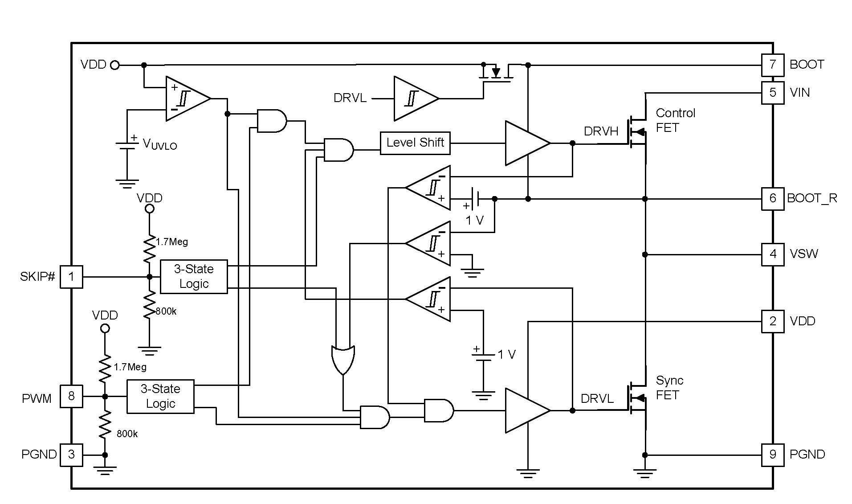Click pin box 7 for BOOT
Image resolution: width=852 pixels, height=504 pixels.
pos(772,65)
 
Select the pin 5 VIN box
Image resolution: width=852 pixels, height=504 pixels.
pos(772,93)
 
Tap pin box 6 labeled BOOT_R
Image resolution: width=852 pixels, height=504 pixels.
pos(772,198)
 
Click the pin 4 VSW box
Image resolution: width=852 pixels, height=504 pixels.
pos(772,254)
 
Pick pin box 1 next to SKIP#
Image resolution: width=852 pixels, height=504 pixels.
pos(71,277)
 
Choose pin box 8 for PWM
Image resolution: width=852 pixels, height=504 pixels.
pos(71,396)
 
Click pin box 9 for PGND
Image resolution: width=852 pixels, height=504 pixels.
pos(772,455)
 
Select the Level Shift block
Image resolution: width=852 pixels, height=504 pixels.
pos(415,143)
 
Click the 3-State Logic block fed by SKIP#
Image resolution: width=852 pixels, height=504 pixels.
pos(193,277)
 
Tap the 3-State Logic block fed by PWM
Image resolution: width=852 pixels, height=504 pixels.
pos(160,396)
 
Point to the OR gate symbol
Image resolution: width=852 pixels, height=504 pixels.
pos(343,359)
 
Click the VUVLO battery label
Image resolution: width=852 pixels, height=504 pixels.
pos(159,144)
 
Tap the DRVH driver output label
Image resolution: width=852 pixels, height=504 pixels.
pos(601,131)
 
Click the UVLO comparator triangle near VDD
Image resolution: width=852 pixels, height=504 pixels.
pos(186,98)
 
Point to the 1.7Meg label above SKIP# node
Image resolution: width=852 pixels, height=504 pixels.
pos(172,242)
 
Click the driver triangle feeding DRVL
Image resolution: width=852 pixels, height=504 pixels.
pos(526,410)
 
